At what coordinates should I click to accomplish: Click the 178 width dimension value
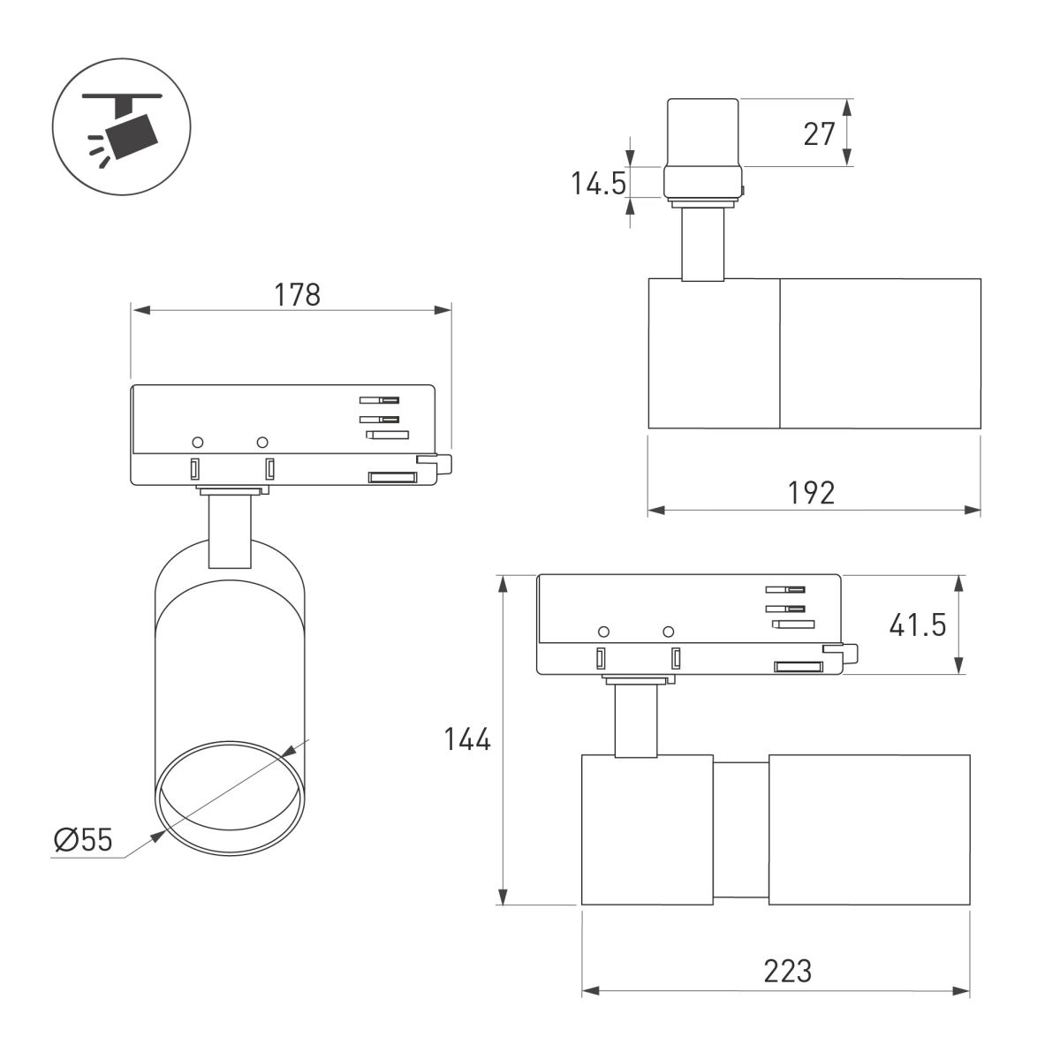tap(298, 294)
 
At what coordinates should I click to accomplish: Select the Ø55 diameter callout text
tap(83, 840)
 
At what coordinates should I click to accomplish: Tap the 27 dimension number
tap(819, 133)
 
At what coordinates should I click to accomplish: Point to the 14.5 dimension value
tap(598, 185)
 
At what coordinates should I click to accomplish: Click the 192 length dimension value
tap(811, 492)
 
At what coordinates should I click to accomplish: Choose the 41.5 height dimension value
tap(917, 625)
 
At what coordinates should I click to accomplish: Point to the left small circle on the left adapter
tap(198, 441)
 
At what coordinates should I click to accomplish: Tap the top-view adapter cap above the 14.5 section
tap(702, 132)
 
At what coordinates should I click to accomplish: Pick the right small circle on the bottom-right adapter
tap(668, 631)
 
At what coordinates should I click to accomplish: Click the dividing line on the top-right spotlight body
tap(779, 353)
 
